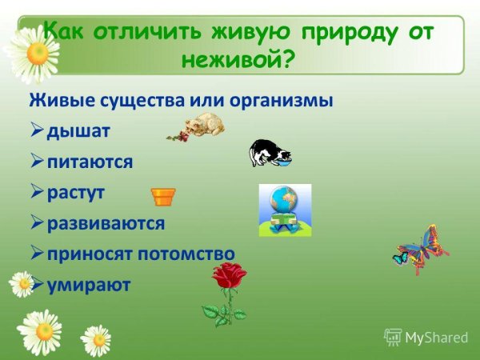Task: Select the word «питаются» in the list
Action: (x=90, y=162)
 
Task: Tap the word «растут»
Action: (x=76, y=193)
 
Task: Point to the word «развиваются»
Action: (x=106, y=223)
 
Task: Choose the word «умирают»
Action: (x=88, y=284)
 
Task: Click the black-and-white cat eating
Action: (x=267, y=152)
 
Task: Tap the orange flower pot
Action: (x=163, y=196)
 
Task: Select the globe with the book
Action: (x=284, y=210)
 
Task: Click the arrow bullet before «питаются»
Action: (x=37, y=162)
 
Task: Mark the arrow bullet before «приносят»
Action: (x=37, y=253)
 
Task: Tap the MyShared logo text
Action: (x=434, y=337)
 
